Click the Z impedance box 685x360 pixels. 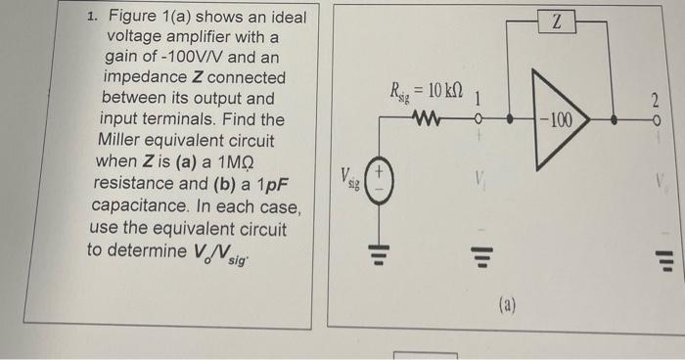pyautogui.click(x=556, y=22)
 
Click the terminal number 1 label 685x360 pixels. pyautogui.click(x=477, y=99)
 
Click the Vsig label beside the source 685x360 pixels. pyautogui.click(x=349, y=178)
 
